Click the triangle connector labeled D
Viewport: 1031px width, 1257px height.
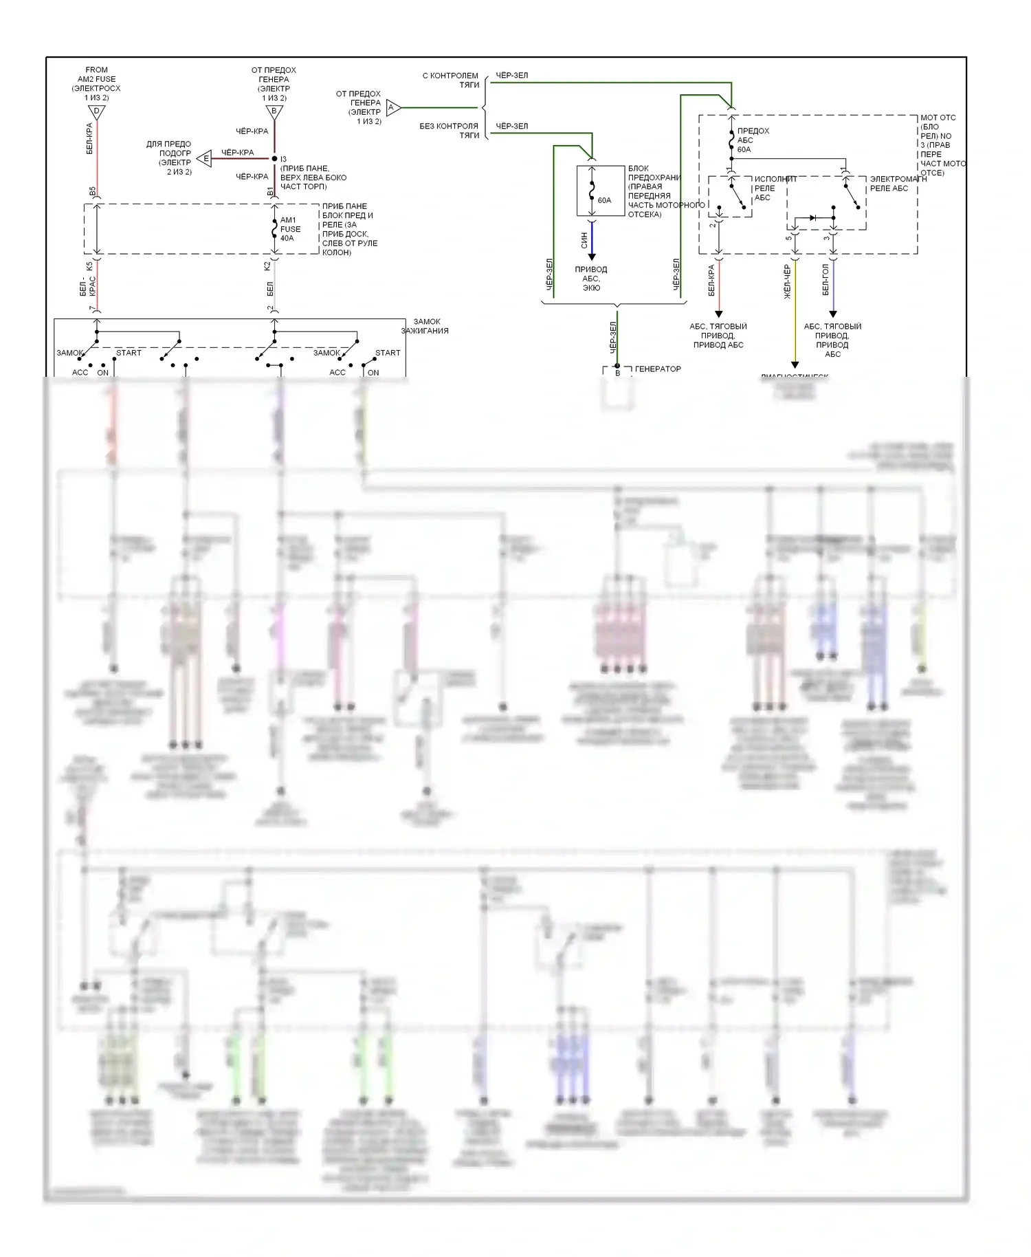(97, 112)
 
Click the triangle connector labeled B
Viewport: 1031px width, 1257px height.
(274, 112)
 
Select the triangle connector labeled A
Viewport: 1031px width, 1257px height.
(392, 107)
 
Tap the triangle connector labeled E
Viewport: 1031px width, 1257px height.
(204, 159)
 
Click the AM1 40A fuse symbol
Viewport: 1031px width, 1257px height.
(275, 229)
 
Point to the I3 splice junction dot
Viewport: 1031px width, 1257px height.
(275, 159)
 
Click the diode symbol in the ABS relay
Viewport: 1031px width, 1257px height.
(813, 218)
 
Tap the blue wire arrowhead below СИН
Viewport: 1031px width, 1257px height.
(592, 256)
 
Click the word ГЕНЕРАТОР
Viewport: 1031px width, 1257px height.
(658, 369)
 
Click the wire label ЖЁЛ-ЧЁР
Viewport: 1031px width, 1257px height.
(788, 282)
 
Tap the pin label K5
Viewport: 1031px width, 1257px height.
(89, 266)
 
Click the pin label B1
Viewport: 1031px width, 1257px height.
(269, 191)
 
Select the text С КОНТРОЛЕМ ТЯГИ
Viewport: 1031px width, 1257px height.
(451, 80)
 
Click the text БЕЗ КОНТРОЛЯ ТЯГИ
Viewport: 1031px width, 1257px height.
(450, 131)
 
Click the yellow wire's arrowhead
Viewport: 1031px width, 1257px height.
(795, 364)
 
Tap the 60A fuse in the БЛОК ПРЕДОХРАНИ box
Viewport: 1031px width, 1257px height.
(592, 191)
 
